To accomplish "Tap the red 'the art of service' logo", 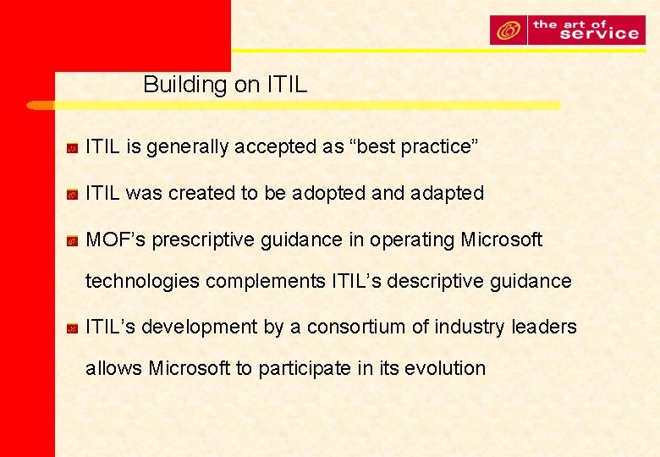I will coord(566,30).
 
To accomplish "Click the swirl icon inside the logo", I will coord(509,31).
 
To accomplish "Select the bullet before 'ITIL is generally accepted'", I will coord(74,148).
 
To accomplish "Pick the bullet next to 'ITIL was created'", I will coord(74,195).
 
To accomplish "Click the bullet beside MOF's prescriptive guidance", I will coord(74,241).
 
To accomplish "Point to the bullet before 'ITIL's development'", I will coord(74,328).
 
